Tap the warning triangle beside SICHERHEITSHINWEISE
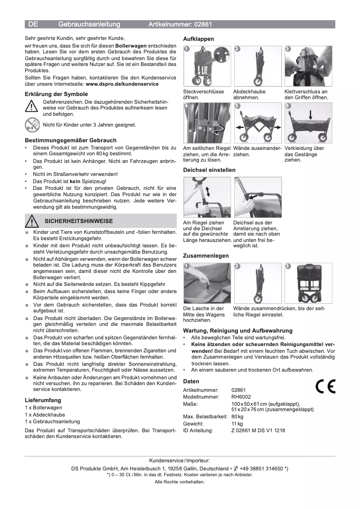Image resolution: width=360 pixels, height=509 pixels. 32,221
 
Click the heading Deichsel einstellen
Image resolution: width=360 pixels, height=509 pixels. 209,170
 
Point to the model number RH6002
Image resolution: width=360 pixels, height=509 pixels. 241,397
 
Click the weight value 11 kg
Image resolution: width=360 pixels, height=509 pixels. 237,423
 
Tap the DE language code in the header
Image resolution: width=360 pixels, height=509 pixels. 33,24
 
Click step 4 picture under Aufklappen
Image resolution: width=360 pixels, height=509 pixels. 206,123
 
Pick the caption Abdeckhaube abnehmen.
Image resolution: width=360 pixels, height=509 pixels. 249,94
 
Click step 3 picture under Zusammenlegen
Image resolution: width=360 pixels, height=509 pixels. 308,283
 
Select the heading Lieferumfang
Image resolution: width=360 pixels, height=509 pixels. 43,400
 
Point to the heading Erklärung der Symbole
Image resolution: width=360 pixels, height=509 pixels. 56,94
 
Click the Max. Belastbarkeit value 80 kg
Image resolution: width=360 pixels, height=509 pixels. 237,417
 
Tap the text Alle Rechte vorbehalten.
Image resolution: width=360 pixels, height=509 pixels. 180,482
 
